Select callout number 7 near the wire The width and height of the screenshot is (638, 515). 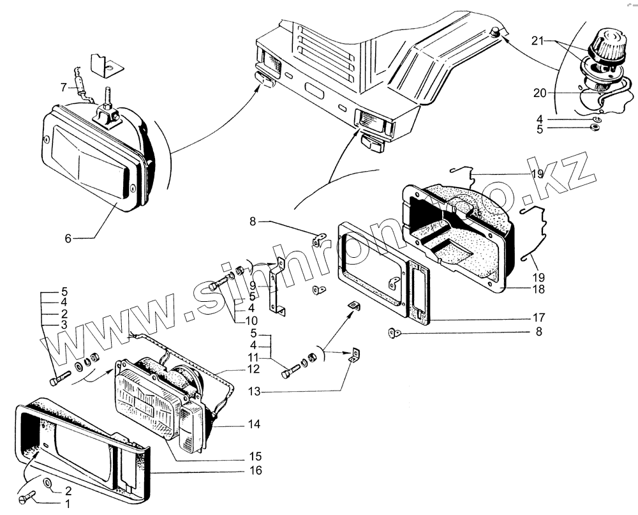point(63,86)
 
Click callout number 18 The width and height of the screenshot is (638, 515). point(539,288)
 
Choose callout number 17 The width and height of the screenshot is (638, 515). point(539,317)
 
